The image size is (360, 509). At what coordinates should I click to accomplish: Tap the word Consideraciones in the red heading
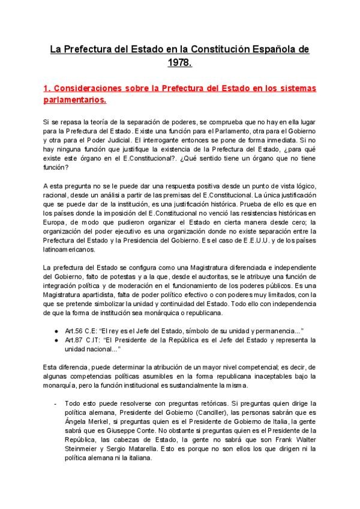click(94, 88)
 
